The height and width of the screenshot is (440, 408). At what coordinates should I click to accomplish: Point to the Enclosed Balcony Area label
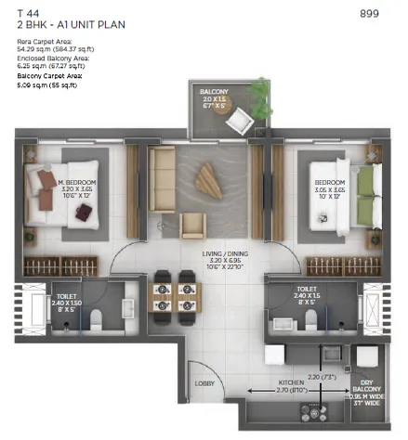(x=51, y=58)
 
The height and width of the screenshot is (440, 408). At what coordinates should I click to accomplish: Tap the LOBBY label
(x=204, y=382)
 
